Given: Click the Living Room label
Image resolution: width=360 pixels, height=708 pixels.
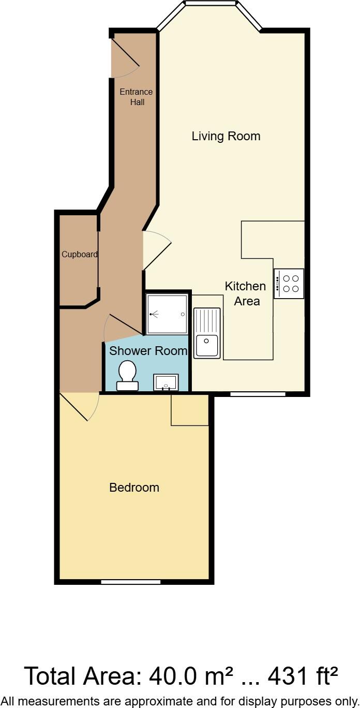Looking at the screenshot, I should point(226,136).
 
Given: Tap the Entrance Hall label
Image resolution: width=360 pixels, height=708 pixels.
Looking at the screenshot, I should point(136,97).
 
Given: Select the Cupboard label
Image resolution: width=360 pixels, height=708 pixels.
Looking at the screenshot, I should point(80,254).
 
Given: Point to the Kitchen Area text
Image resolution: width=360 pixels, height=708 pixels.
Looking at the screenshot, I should point(246,293).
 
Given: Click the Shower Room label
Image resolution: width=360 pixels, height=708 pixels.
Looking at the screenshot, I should point(148,351).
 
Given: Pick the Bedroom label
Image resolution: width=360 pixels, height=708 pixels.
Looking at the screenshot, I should point(134,488).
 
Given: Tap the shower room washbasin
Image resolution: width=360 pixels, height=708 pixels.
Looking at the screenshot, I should point(166,382).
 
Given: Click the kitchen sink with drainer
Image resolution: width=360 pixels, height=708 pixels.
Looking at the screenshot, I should point(207,333).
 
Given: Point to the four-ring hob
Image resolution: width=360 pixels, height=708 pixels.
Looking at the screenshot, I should point(289,284).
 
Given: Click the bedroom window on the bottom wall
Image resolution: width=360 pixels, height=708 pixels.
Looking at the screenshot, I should point(130,582).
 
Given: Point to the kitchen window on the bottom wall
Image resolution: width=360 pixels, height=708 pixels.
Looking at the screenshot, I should point(258,394).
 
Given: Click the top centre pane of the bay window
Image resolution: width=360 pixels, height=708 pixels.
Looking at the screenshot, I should point(210,4).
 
